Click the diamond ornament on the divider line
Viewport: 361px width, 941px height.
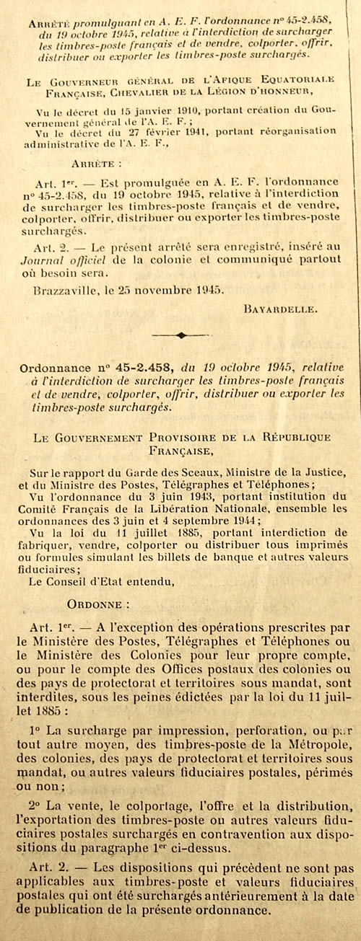click(181, 335)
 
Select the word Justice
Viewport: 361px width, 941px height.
click(305, 473)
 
